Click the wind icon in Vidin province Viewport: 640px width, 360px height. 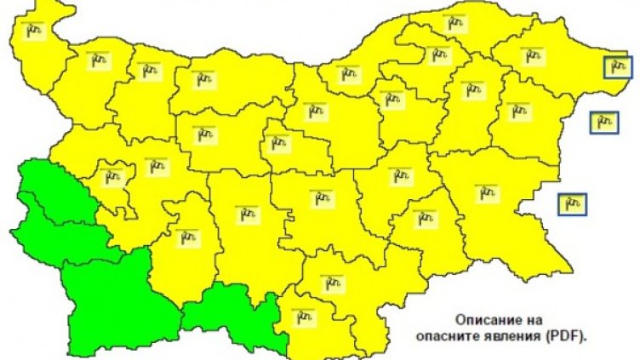tap(34, 31)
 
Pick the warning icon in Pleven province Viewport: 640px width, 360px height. tap(205, 81)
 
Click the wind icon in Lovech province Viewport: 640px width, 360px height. tap(206, 134)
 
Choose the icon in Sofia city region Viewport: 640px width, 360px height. tap(111, 177)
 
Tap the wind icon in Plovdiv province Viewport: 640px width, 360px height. tap(248, 213)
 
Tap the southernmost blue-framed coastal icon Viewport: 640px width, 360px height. tap(572, 203)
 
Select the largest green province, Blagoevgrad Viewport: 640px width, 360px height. tap(111, 294)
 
